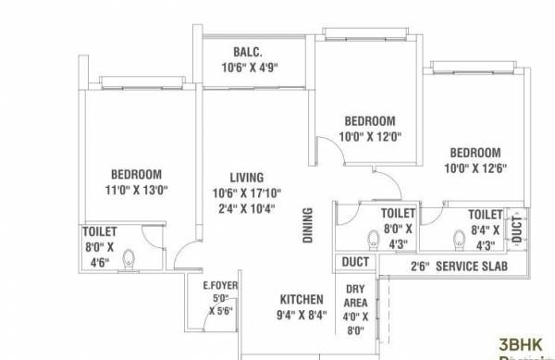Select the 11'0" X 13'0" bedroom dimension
click(137, 191)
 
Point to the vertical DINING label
click(308, 225)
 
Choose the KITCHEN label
click(302, 300)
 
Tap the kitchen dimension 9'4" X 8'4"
click(302, 315)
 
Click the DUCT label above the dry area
click(355, 263)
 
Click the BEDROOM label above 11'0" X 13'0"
click(137, 174)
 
